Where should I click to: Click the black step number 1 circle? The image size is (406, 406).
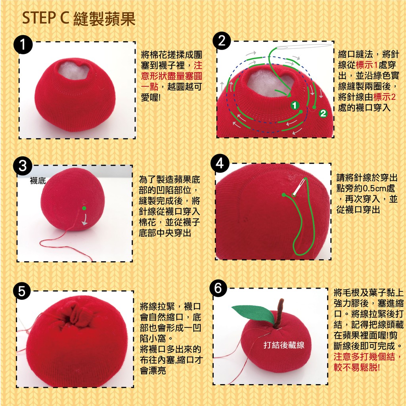(23, 44)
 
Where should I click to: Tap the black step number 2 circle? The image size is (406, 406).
(222, 41)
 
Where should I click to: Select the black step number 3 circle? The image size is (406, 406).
(23, 166)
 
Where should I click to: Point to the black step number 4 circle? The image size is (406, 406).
(220, 164)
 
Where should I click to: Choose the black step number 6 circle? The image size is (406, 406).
(218, 288)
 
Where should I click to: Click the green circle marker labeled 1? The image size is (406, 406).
(295, 105)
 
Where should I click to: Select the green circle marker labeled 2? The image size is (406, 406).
(323, 113)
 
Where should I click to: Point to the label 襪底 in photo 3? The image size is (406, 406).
(38, 180)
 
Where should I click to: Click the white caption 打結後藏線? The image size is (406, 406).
(284, 345)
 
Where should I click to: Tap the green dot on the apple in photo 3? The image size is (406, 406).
(84, 208)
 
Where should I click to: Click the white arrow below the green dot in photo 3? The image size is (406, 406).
(85, 220)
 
